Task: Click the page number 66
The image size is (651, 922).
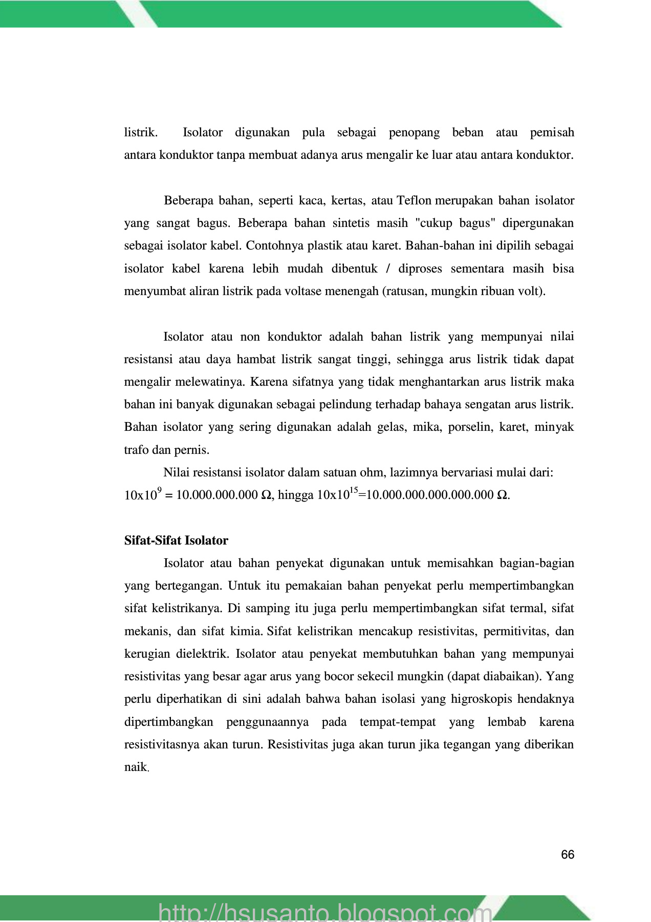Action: pyautogui.click(x=568, y=854)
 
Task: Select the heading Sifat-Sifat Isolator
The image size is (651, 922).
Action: pyautogui.click(x=176, y=540)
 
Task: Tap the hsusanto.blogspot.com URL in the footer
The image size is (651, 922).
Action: pyautogui.click(x=325, y=912)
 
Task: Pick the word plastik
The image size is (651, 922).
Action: pyautogui.click(x=325, y=245)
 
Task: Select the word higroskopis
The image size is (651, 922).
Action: pyautogui.click(x=481, y=699)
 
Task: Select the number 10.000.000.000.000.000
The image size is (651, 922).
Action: pyautogui.click(x=430, y=495)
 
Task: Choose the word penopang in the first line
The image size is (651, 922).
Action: pyautogui.click(x=414, y=132)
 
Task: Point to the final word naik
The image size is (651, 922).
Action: pyautogui.click(x=136, y=767)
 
